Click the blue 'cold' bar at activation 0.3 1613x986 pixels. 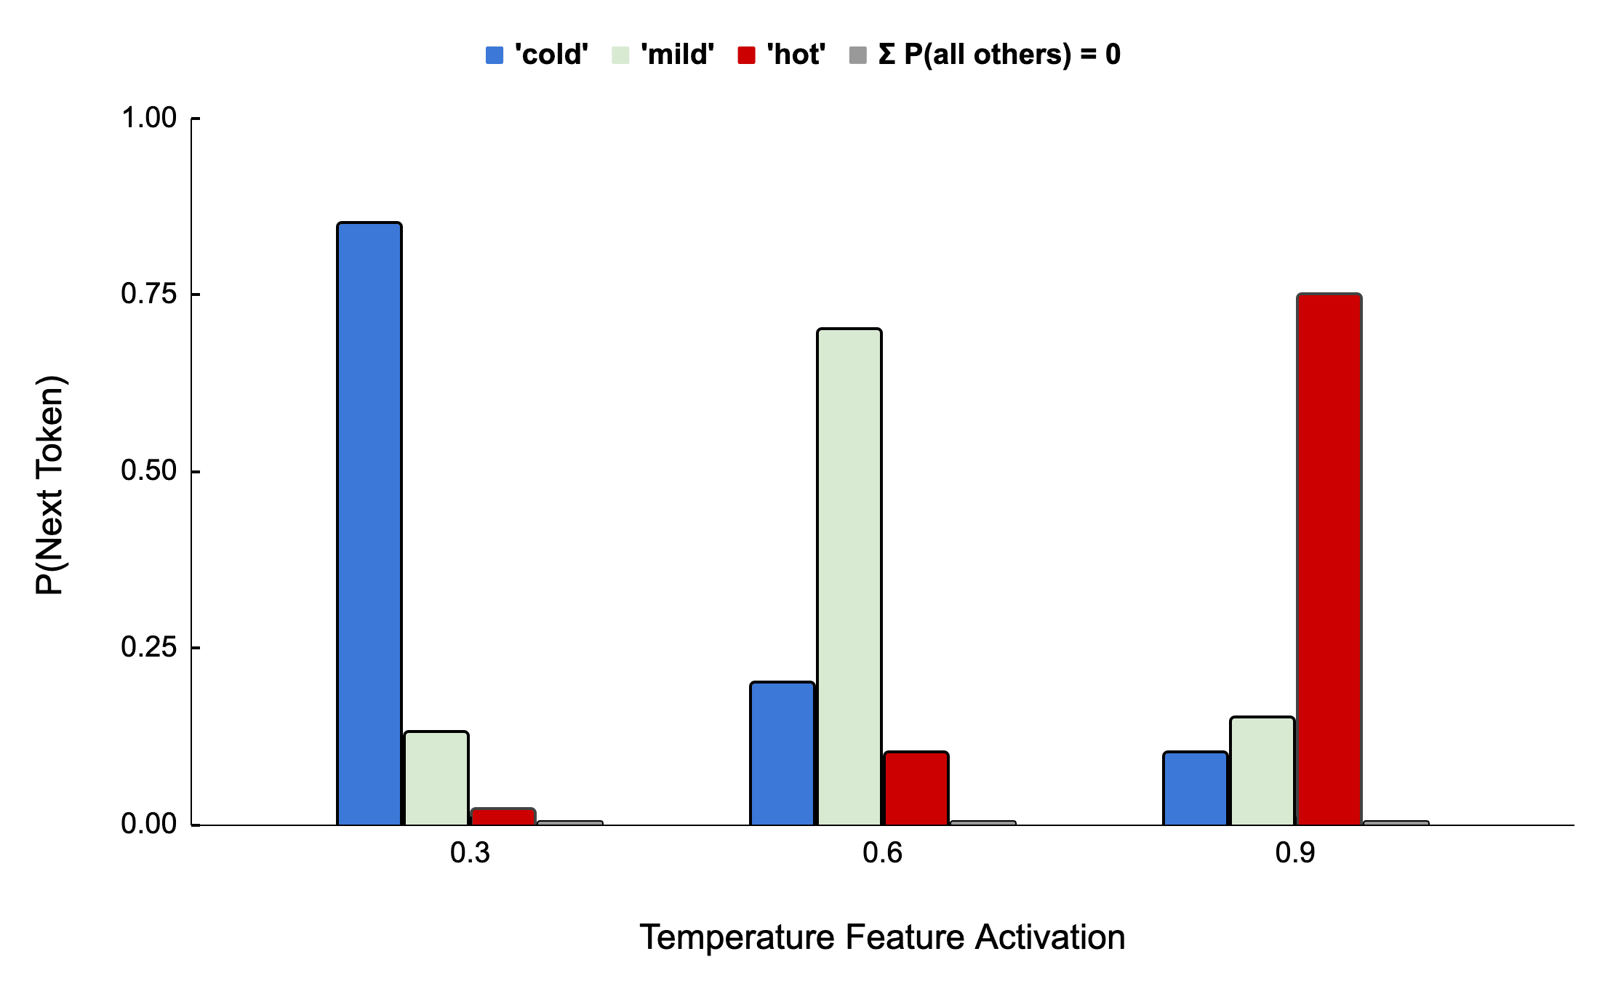coord(369,524)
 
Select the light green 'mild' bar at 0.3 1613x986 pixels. coord(436,778)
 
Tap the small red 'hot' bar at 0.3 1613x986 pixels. coord(503,817)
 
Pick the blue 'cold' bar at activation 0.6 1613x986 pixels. coord(782,753)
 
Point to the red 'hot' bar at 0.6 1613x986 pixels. coord(916,788)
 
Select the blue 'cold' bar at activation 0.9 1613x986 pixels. coord(1195,788)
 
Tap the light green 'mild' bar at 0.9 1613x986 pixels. coord(1262,771)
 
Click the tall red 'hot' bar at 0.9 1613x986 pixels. coord(1329,559)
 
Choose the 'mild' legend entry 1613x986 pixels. coord(663,55)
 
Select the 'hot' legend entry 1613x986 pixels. coord(782,55)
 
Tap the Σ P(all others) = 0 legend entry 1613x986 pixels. coord(985,55)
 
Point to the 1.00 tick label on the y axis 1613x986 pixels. coord(148,118)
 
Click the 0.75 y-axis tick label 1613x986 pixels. coord(148,294)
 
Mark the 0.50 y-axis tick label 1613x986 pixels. coord(148,471)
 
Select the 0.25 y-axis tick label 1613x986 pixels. coord(148,647)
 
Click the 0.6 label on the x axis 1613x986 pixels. coord(882,853)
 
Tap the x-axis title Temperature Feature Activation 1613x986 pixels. coord(882,937)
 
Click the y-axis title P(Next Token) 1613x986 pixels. coord(50,485)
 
